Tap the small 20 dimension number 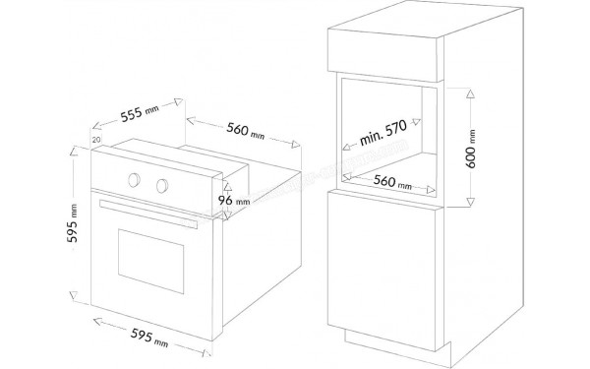(x=95, y=141)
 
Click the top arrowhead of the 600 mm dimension (x=470, y=94)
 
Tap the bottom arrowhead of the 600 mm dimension (x=470, y=204)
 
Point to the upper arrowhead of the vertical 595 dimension (x=74, y=153)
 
